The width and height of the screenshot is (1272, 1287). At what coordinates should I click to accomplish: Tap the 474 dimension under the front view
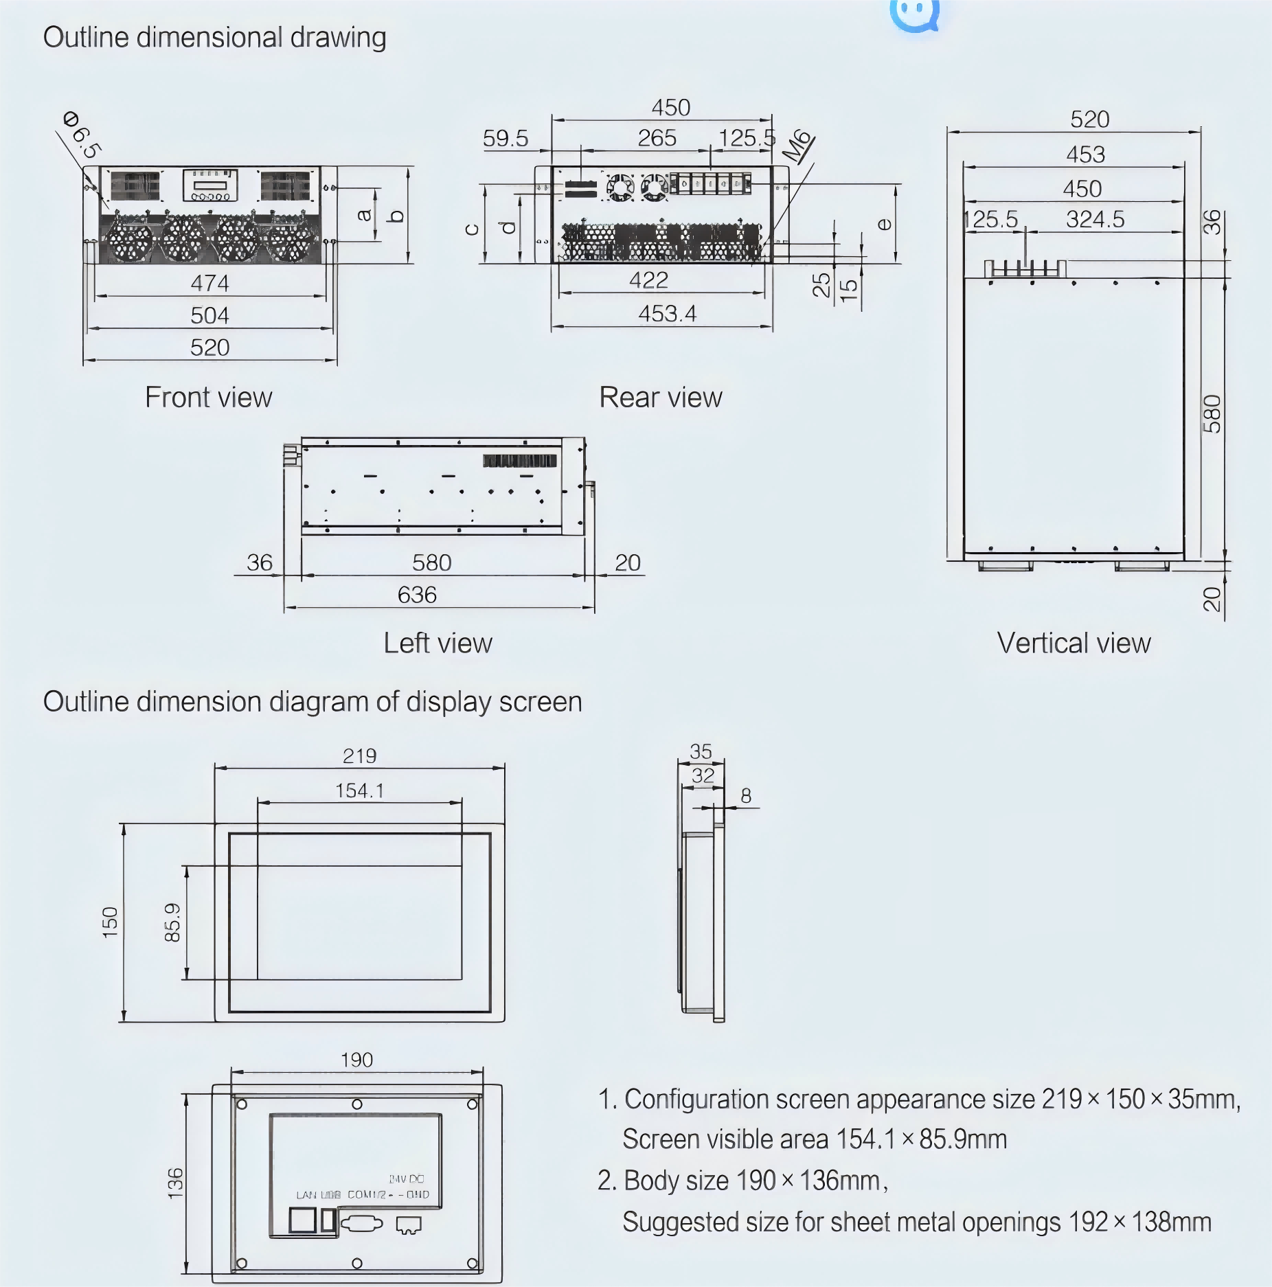pyautogui.click(x=209, y=283)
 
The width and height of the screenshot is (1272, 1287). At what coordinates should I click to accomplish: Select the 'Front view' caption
pyautogui.click(x=208, y=398)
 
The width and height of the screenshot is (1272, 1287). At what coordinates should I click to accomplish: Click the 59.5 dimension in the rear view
pyautogui.click(x=506, y=139)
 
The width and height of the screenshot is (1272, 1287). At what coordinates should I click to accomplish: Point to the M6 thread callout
pyautogui.click(x=797, y=146)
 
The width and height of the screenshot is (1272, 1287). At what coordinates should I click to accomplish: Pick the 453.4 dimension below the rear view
pyautogui.click(x=667, y=314)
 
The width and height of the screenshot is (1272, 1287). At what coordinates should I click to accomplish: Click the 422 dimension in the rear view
pyautogui.click(x=648, y=280)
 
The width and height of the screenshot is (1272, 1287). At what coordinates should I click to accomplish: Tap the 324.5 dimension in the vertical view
pyautogui.click(x=1095, y=220)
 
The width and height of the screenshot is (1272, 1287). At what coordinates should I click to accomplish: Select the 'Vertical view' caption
pyautogui.click(x=1073, y=643)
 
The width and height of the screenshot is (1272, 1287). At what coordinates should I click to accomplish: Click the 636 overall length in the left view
pyautogui.click(x=417, y=595)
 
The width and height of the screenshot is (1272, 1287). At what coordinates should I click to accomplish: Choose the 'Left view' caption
pyautogui.click(x=438, y=643)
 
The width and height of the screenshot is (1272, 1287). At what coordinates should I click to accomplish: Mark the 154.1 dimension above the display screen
pyautogui.click(x=359, y=790)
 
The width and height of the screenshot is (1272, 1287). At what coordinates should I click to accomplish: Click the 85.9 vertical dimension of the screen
pyautogui.click(x=172, y=922)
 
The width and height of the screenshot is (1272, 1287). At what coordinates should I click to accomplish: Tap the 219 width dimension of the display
pyautogui.click(x=359, y=756)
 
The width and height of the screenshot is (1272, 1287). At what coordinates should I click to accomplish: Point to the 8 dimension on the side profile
pyautogui.click(x=746, y=796)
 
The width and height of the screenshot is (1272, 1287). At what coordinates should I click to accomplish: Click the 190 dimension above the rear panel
pyautogui.click(x=356, y=1060)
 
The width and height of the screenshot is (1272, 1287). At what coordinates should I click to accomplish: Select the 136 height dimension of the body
pyautogui.click(x=175, y=1183)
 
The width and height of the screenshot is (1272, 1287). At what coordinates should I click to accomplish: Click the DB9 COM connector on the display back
pyautogui.click(x=362, y=1223)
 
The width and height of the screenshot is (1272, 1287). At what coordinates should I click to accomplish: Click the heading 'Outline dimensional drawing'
pyautogui.click(x=214, y=37)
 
